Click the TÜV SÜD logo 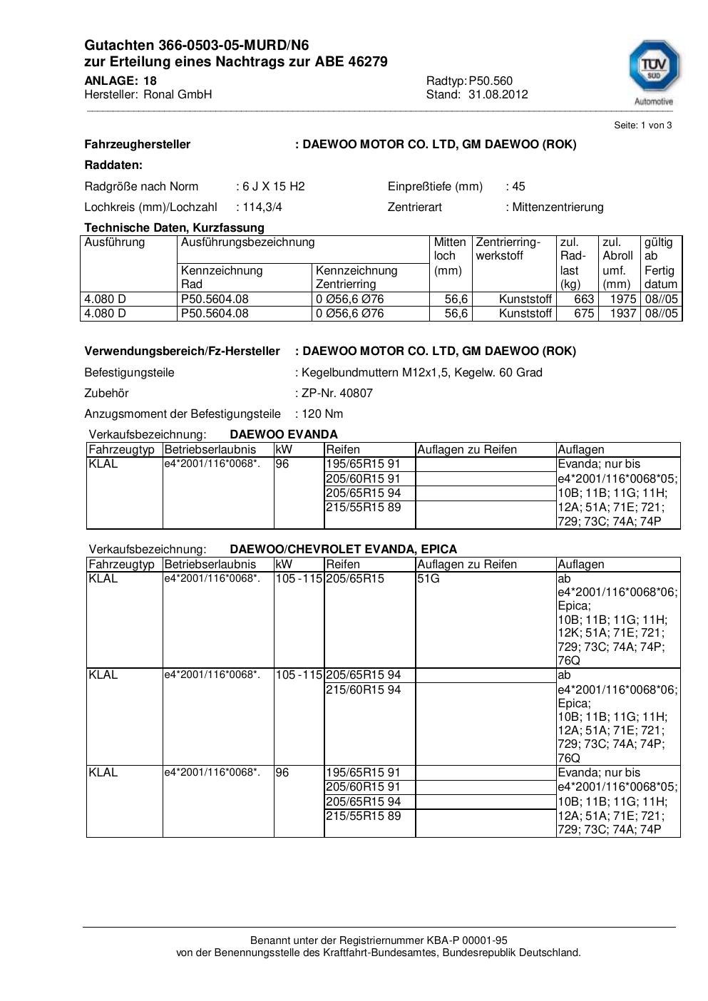coord(653,72)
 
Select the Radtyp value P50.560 coord(491,81)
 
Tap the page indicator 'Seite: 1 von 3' coord(642,125)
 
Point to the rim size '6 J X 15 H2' coord(273,187)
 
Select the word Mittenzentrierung coord(558,207)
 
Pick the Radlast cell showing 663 coord(584,299)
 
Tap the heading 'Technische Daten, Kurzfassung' coord(174,228)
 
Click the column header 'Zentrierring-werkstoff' coord(508,249)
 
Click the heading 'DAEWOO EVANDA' coord(284,435)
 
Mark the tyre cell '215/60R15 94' coord(363,690)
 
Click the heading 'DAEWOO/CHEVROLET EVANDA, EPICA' coord(343,550)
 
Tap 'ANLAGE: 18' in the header coord(120,81)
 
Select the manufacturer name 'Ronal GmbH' coord(178,95)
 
